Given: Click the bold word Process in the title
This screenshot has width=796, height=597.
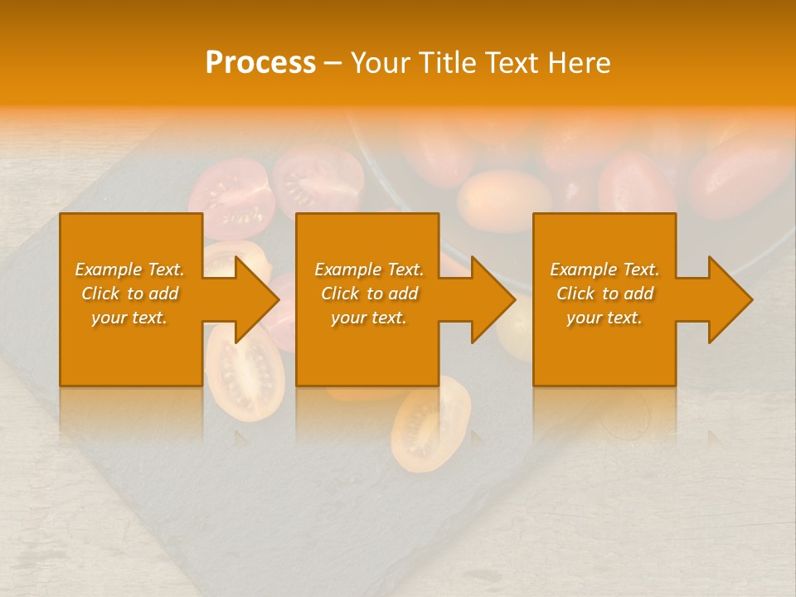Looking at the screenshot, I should [x=260, y=62].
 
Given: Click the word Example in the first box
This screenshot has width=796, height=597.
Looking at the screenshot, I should [x=109, y=269].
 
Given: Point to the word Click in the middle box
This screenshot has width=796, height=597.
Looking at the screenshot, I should [x=340, y=294].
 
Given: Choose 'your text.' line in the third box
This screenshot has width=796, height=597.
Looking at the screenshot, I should [x=604, y=318].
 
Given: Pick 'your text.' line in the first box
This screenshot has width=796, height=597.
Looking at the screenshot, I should [x=129, y=318].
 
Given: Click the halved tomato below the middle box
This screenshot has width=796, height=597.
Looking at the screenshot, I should [x=430, y=423].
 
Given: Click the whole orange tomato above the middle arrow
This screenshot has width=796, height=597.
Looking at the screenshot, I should [x=504, y=199].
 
